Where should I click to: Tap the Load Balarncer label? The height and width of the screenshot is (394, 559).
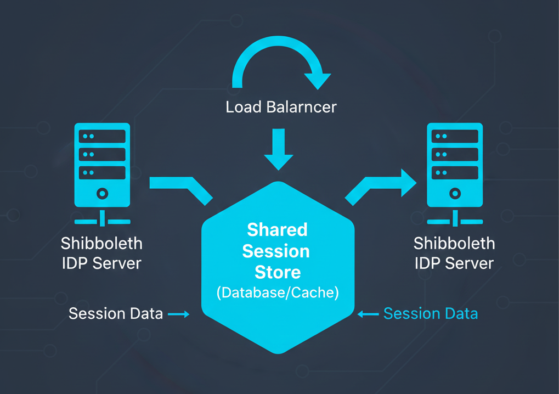[x=281, y=106]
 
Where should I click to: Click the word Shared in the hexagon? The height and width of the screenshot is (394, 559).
[x=277, y=229]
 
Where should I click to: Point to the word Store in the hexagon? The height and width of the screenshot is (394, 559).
[x=278, y=272]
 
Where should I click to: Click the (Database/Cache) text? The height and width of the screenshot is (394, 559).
[x=278, y=292]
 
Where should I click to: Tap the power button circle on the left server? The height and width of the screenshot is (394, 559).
[x=102, y=194]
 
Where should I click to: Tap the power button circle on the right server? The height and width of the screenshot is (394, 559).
[x=455, y=194]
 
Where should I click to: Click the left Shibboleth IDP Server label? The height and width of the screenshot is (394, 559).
[x=101, y=253]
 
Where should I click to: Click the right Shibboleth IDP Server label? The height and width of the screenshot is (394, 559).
[x=454, y=253]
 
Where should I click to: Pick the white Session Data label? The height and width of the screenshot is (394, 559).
[x=116, y=313]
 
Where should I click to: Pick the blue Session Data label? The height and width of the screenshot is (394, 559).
[x=430, y=313]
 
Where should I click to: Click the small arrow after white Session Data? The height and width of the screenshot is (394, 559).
[x=178, y=314]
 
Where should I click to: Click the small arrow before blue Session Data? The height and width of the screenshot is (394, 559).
[x=368, y=314]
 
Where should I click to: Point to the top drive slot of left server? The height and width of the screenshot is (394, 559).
[x=102, y=136]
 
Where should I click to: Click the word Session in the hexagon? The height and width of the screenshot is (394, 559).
[x=276, y=251]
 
